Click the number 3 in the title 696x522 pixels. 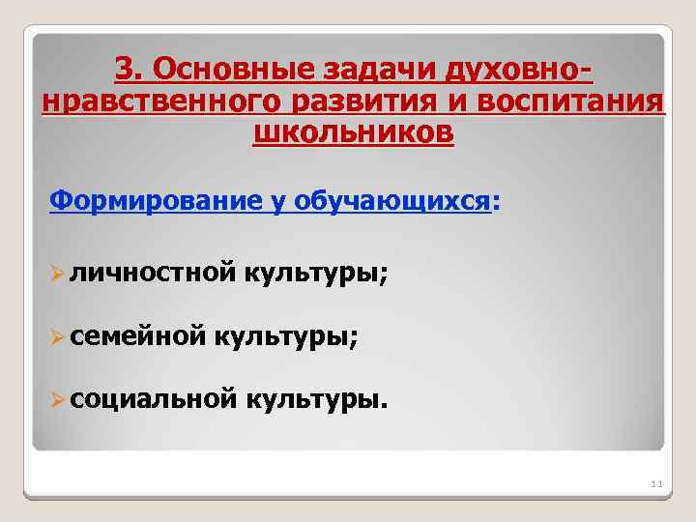point(124,68)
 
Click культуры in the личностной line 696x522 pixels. point(316,275)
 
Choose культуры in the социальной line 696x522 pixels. point(316,395)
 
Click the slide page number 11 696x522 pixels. point(654,482)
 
